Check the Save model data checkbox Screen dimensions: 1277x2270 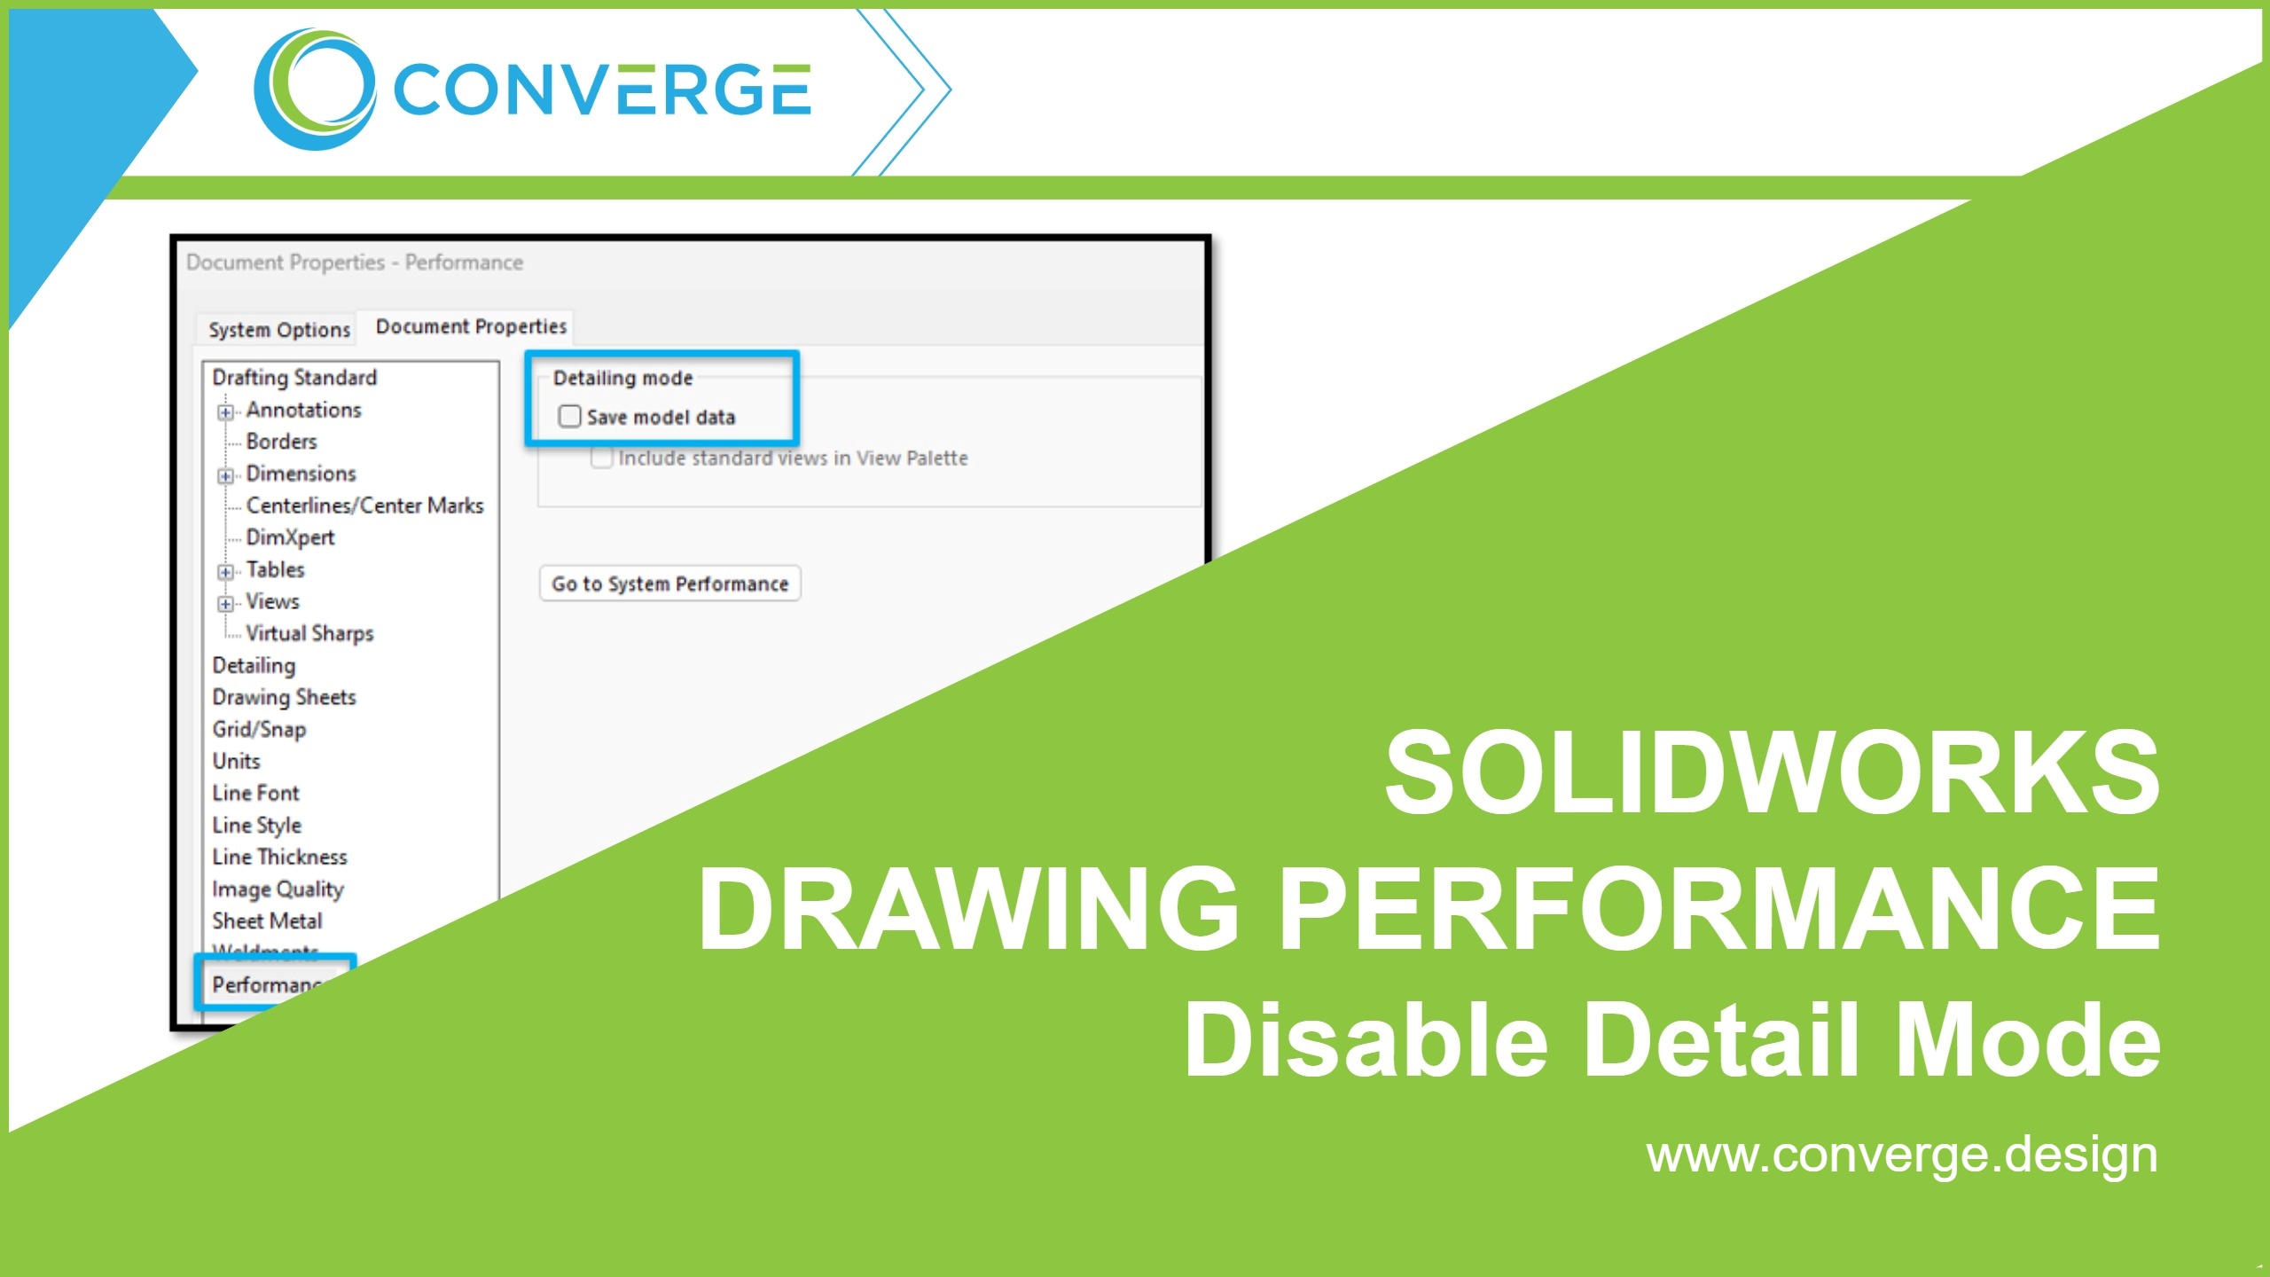point(569,416)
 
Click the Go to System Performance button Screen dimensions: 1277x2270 point(669,584)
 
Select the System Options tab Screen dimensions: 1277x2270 point(278,330)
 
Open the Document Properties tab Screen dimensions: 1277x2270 point(471,326)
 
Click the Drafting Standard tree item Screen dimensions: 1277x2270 point(294,378)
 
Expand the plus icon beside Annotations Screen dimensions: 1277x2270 point(226,411)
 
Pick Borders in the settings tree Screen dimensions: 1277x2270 point(281,442)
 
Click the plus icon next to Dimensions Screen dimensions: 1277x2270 point(226,475)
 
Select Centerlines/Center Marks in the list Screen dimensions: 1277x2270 point(364,505)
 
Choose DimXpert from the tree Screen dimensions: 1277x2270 point(290,537)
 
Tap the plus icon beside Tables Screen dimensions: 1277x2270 point(226,571)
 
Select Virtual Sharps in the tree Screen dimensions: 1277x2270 point(309,633)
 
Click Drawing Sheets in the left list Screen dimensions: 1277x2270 point(284,697)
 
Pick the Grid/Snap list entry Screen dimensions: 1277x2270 point(259,729)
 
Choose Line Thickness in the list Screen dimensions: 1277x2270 point(279,857)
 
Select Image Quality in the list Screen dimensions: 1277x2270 point(278,889)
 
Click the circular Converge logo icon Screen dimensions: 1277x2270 point(314,89)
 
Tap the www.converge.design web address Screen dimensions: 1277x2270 point(1901,1155)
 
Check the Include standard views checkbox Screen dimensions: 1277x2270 point(602,458)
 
